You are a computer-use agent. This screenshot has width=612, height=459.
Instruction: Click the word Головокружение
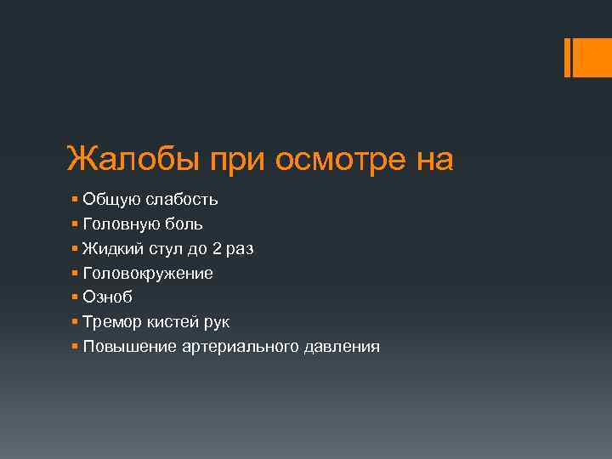click(x=148, y=274)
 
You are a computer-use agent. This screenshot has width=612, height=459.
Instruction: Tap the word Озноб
click(x=108, y=297)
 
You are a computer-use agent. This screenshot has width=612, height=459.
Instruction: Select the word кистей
click(x=169, y=322)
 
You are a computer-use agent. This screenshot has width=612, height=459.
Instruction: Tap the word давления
click(x=336, y=347)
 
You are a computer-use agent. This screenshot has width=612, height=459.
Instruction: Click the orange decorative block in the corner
click(x=592, y=58)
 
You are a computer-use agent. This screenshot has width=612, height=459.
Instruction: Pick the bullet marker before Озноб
click(x=76, y=297)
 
